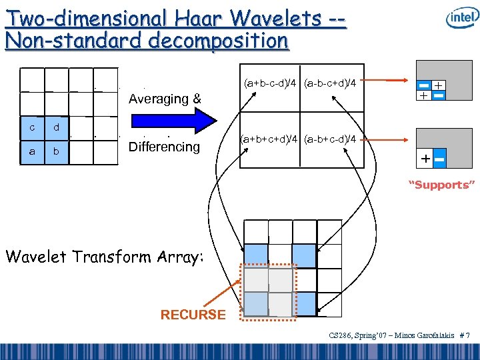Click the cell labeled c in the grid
tap(32, 128)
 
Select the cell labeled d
tap(57, 128)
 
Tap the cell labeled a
tap(32, 152)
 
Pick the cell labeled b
tap(57, 152)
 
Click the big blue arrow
tap(175, 121)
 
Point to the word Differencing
tap(164, 147)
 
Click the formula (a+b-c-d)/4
tap(271, 83)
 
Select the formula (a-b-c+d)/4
tap(330, 83)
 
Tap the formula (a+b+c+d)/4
tap(271, 139)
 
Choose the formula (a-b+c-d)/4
tap(330, 139)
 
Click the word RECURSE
tap(193, 315)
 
